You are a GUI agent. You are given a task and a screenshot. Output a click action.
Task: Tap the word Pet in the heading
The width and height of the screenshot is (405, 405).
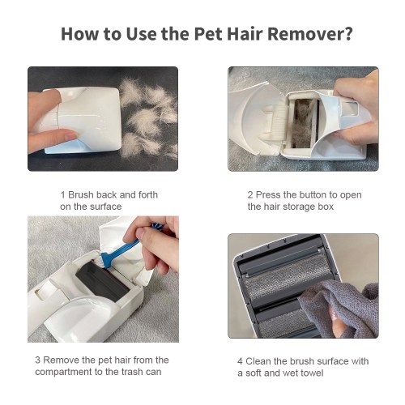(208, 34)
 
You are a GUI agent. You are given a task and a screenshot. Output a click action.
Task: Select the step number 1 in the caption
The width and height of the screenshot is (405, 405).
(62, 194)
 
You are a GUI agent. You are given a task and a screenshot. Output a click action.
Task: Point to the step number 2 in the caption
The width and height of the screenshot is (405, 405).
(250, 194)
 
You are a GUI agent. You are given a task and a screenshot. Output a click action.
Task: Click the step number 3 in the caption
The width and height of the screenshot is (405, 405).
(38, 360)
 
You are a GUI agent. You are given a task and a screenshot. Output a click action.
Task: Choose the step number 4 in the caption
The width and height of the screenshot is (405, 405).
(240, 361)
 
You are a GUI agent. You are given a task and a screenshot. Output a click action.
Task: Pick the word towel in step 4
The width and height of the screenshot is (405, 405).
(312, 373)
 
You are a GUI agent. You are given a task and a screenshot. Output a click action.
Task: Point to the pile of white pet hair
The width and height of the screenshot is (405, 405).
(148, 117)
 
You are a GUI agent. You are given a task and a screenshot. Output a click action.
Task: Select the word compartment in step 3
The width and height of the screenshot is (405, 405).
(64, 372)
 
